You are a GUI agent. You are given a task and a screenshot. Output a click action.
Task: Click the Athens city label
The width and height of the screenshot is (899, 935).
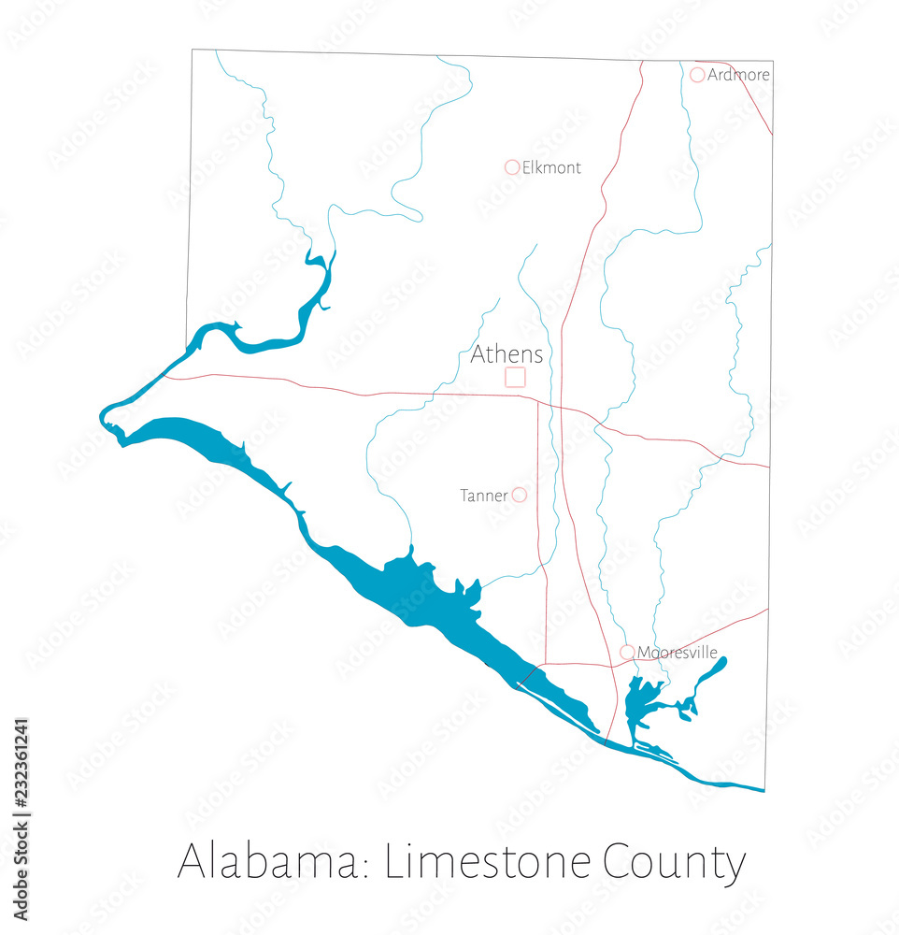[x=507, y=354]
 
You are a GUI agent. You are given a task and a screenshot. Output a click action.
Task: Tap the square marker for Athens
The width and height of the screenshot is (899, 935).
[x=515, y=377]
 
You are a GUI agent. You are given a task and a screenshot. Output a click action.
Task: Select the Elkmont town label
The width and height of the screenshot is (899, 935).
[x=551, y=168]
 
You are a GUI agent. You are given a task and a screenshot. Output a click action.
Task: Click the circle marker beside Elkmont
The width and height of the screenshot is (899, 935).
[x=512, y=167]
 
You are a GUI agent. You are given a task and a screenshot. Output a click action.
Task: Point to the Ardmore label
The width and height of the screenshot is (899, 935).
[x=738, y=75]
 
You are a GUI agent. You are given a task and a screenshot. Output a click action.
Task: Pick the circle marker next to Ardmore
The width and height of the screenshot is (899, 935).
[x=697, y=75]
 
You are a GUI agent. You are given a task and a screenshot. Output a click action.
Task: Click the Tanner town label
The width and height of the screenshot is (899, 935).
[x=483, y=496]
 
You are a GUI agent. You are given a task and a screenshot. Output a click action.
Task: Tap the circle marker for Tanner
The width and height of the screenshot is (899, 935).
[x=520, y=495]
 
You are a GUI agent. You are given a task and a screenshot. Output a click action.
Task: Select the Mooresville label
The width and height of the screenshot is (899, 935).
[x=677, y=653]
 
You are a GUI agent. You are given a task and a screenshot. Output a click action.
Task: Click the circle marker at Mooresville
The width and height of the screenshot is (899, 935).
[x=627, y=652]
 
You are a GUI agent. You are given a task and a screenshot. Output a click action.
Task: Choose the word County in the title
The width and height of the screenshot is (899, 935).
[x=674, y=863]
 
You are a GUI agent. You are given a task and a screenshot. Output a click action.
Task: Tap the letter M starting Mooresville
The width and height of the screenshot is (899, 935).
[x=644, y=653]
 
